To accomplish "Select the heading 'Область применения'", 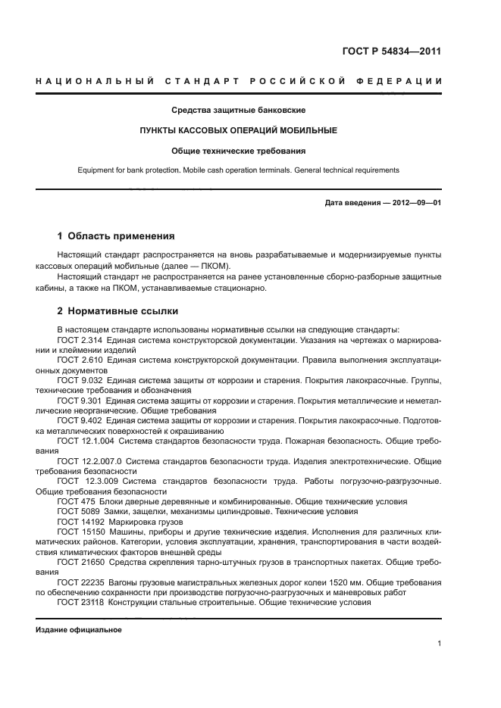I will (x=121, y=235).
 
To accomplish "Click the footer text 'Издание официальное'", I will (x=79, y=630).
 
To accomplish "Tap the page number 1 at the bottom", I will (x=439, y=644).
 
